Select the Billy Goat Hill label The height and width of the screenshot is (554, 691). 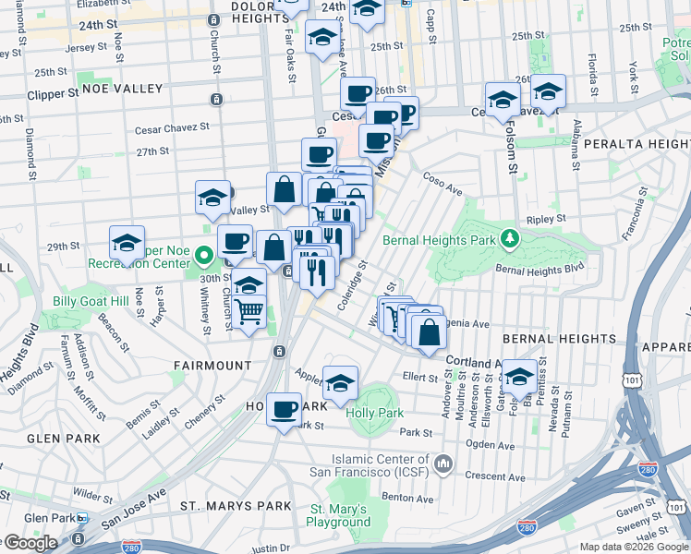click(89, 302)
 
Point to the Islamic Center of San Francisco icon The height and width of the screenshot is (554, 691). click(444, 462)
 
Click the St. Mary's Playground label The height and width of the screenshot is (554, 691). click(339, 515)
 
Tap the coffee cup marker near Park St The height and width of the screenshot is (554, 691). click(285, 407)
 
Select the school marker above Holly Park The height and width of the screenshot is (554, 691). click(340, 382)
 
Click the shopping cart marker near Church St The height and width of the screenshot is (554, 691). click(249, 312)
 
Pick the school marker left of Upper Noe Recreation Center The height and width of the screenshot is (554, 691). click(127, 243)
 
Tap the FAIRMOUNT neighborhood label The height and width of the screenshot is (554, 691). click(212, 366)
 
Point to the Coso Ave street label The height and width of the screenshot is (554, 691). click(442, 182)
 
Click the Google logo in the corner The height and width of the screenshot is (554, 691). click(30, 543)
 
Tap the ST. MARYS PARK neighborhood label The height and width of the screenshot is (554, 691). click(236, 506)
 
